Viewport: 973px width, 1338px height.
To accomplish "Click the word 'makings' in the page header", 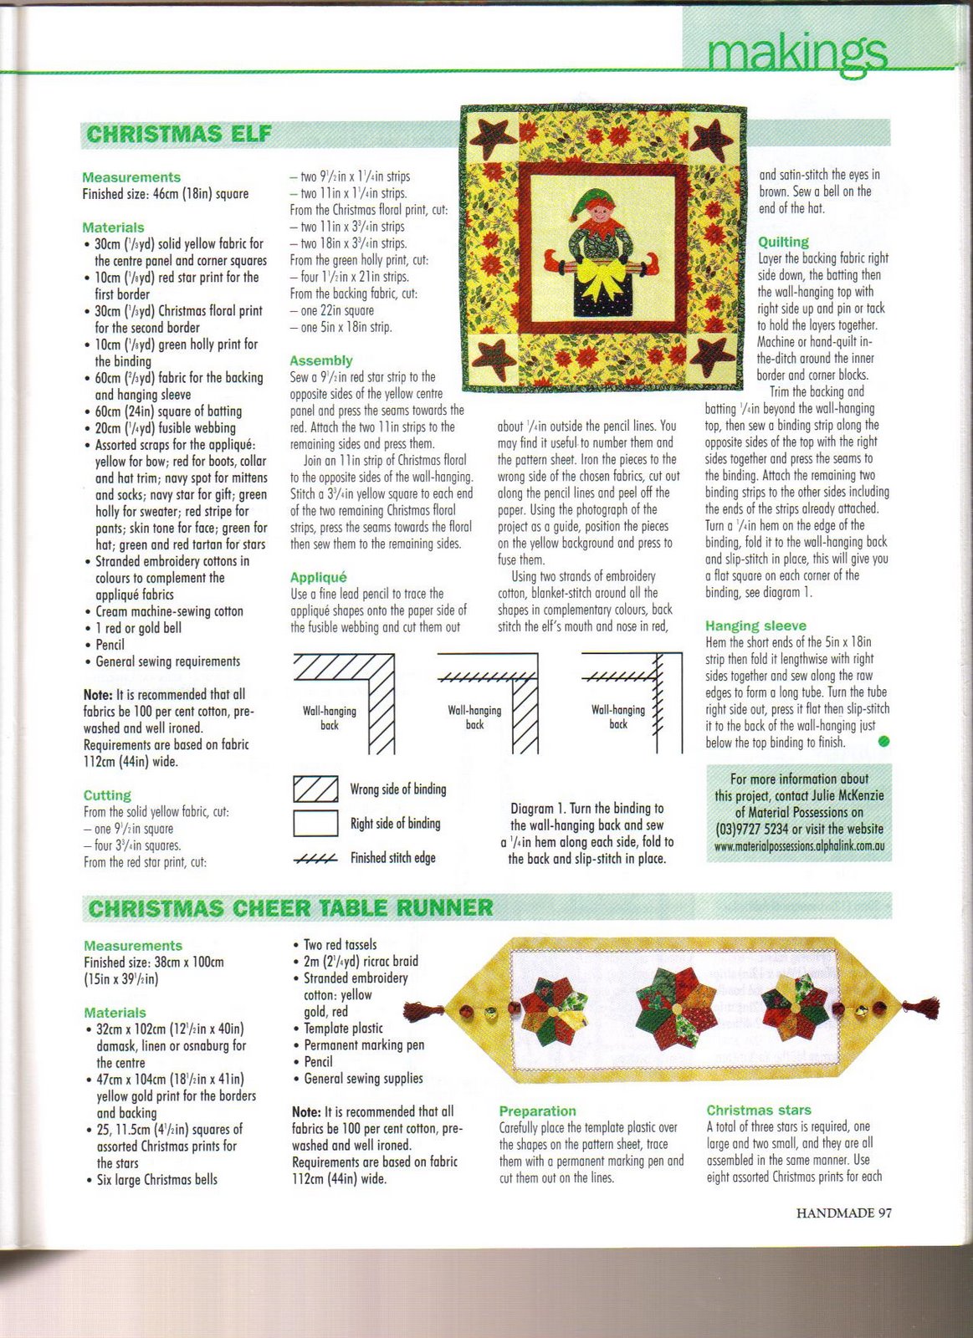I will point(796,53).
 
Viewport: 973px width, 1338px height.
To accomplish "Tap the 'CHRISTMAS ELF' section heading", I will point(178,135).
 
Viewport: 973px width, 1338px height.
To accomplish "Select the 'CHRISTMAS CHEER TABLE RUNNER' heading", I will point(290,908).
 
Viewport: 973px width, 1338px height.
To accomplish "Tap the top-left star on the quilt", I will point(491,135).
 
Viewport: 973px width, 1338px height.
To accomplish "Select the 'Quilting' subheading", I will point(783,242).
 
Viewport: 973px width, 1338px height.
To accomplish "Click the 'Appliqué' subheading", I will point(318,577).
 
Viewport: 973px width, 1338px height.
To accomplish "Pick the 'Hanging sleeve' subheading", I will point(755,626).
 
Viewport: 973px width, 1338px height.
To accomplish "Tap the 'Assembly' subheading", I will point(320,360).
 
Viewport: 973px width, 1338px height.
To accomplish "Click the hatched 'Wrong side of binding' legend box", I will point(315,789).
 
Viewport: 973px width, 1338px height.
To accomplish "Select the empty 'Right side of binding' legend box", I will point(315,824).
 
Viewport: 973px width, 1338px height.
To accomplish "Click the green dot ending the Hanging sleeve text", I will point(884,741).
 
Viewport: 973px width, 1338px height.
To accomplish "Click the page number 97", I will point(884,1213).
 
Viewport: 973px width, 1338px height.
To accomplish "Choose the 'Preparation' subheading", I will point(537,1111).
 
